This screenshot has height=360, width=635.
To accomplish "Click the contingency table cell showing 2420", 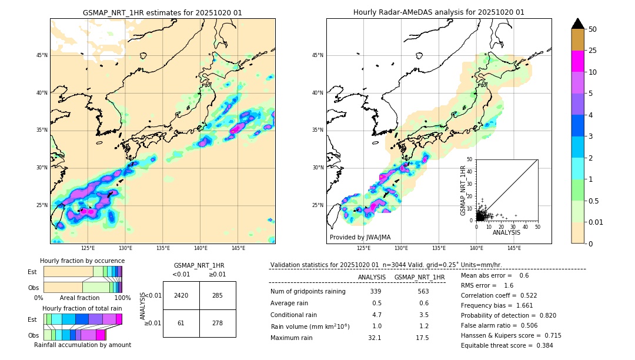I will [x=181, y=295].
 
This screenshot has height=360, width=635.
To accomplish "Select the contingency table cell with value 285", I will [x=218, y=295].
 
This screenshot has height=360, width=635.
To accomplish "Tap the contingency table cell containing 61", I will [x=181, y=324].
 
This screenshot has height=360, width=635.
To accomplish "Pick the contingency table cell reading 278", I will [x=218, y=324].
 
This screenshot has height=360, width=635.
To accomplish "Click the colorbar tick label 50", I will [x=593, y=29].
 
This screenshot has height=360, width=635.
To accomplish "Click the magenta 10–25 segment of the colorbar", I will [x=578, y=61].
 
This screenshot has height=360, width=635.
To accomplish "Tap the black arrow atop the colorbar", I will [x=578, y=24].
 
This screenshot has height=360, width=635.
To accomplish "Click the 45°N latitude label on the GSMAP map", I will [x=42, y=55].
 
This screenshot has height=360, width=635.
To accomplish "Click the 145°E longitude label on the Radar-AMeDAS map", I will [x=514, y=248].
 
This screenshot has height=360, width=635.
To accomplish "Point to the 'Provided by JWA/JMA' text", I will [x=360, y=238].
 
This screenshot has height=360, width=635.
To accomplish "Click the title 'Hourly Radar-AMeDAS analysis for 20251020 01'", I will [x=439, y=12].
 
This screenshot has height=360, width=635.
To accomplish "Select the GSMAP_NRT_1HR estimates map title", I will [x=162, y=12].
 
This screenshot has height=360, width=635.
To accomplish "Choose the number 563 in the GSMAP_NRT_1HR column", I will [x=423, y=291].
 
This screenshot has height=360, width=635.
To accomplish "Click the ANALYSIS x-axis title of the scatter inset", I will [x=506, y=232].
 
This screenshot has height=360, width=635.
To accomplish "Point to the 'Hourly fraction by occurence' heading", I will [x=82, y=261].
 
